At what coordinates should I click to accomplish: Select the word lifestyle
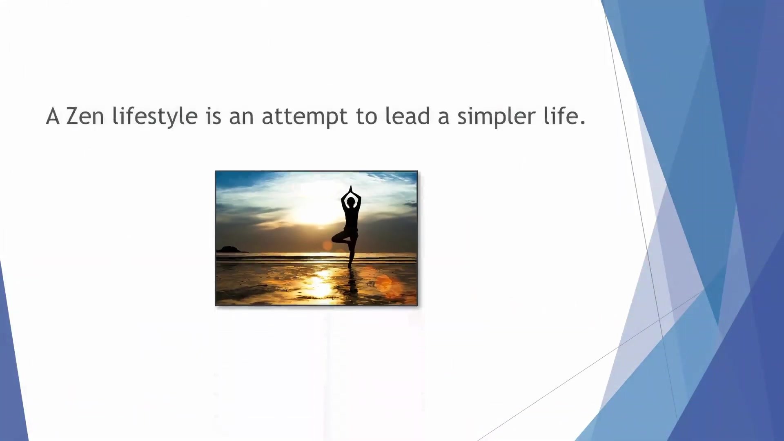(x=155, y=117)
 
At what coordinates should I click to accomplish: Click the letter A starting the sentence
(x=53, y=116)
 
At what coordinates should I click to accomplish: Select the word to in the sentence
(x=367, y=117)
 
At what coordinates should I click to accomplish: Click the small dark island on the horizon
(x=232, y=249)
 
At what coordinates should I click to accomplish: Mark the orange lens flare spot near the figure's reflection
(x=384, y=282)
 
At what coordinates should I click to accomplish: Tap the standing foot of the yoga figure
(x=350, y=265)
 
